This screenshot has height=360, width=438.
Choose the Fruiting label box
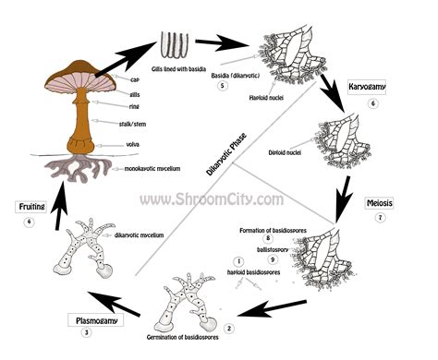pyautogui.click(x=30, y=207)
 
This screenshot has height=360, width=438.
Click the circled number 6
pyautogui.click(x=372, y=104)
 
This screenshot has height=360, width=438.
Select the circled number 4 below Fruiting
pyautogui.click(x=30, y=222)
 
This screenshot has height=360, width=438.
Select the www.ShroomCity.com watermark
pyautogui.click(x=212, y=198)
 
